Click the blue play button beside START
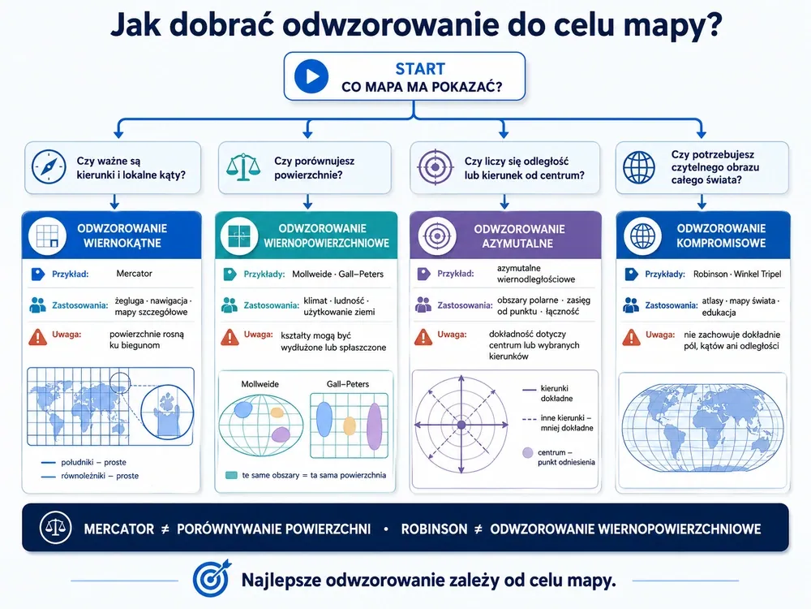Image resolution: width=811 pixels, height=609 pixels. pyautogui.click(x=311, y=76)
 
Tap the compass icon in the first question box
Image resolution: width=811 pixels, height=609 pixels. pyautogui.click(x=49, y=167)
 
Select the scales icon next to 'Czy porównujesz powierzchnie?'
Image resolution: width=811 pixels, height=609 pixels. pyautogui.click(x=243, y=166)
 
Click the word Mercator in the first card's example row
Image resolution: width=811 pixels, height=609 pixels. pyautogui.click(x=134, y=274)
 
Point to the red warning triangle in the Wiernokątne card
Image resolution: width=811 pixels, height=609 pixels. pyautogui.click(x=38, y=337)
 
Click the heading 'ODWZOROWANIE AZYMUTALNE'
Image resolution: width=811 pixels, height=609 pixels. pyautogui.click(x=519, y=236)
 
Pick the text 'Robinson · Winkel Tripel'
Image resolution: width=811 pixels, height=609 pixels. pyautogui.click(x=737, y=274)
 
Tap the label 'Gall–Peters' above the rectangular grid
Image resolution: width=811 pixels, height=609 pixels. pyautogui.click(x=348, y=384)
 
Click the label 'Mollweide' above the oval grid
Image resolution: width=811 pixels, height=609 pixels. pyautogui.click(x=260, y=384)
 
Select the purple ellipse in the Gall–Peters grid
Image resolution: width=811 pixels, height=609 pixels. pyautogui.click(x=374, y=426)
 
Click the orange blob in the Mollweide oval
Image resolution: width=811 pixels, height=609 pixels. pyautogui.click(x=277, y=412)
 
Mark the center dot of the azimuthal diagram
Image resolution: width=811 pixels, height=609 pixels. pyautogui.click(x=461, y=425)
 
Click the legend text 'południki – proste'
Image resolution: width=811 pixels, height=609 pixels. pyautogui.click(x=93, y=462)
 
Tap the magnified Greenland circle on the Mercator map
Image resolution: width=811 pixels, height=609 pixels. pyautogui.click(x=167, y=412)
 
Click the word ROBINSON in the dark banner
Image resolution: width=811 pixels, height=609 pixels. pyautogui.click(x=434, y=529)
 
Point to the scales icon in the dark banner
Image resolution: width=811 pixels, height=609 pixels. pyautogui.click(x=56, y=527)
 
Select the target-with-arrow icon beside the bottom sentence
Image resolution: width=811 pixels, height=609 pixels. pyautogui.click(x=211, y=578)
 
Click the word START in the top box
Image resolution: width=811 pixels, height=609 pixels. pyautogui.click(x=420, y=69)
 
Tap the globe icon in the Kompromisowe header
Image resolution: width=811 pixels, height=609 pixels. pyautogui.click(x=642, y=235)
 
